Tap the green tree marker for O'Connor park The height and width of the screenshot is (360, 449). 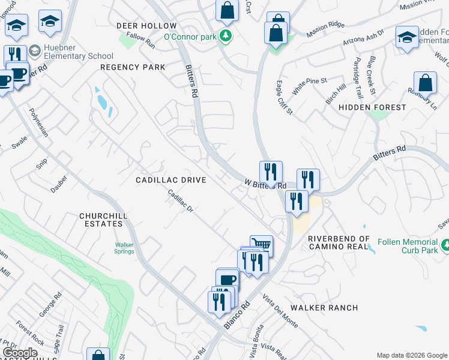[226, 36]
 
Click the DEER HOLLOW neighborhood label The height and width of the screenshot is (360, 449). [146, 26]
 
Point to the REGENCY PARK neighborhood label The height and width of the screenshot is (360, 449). [133, 67]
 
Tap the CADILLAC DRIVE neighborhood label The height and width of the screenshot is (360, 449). [171, 180]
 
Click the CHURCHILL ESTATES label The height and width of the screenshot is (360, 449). [101, 220]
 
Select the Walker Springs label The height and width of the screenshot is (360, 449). [124, 248]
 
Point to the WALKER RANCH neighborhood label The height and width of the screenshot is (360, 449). [324, 308]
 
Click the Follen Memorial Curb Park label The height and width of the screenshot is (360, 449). [408, 246]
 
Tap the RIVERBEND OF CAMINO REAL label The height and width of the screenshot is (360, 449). [338, 242]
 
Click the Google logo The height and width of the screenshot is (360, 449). [20, 353]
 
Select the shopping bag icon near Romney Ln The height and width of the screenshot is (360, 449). [425, 83]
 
